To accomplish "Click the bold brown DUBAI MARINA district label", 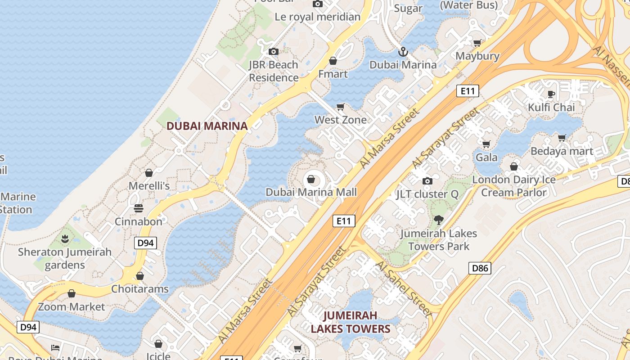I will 207,126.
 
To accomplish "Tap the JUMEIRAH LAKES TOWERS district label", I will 350,322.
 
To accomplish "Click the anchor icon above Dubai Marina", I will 403,52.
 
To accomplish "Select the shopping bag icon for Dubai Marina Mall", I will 310,180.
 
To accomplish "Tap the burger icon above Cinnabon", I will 139,208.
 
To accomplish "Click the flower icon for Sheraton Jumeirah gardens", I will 65,238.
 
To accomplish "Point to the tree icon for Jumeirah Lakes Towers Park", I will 438,220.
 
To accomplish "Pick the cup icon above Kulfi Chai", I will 551,94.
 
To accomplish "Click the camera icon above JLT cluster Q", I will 427,181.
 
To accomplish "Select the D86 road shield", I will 480,269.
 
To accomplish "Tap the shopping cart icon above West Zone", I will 341,107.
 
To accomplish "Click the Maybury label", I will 477,56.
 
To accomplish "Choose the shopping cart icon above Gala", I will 486,144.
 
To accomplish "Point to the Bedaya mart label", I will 562,151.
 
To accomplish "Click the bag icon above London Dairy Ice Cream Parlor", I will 513,166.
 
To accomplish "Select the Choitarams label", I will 140,289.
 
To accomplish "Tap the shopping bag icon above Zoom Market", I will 72,293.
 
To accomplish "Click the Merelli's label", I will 149,186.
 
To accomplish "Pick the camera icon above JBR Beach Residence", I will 274,51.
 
